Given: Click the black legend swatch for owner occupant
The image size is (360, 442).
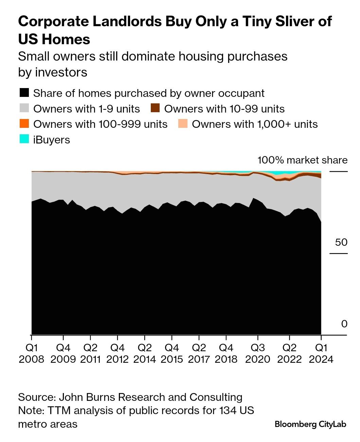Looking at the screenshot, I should (x=24, y=93).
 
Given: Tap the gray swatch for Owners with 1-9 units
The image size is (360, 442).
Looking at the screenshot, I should (x=24, y=108).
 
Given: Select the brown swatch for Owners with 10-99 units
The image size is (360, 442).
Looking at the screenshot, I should (x=155, y=108).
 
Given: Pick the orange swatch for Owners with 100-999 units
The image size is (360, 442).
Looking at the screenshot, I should (x=24, y=124).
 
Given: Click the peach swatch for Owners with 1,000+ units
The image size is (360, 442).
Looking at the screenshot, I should (x=183, y=124).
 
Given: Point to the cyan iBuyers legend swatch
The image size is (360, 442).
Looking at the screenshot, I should (x=24, y=139).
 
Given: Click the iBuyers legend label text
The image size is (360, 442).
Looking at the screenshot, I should (x=52, y=140).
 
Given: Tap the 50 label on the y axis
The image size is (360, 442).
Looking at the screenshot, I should (x=341, y=242).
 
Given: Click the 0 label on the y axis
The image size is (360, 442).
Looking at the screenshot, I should (x=344, y=324).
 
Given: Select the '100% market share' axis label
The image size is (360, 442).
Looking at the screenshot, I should (x=302, y=160).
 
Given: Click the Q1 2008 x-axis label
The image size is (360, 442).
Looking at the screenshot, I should (x=32, y=354).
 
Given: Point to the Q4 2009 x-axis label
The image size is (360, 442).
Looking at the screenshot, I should (x=63, y=354).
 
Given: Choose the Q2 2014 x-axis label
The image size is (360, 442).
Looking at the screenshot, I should (x=145, y=354).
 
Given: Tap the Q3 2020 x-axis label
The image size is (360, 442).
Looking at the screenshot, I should (x=257, y=354).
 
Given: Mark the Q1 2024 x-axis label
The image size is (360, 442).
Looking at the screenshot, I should (x=321, y=354).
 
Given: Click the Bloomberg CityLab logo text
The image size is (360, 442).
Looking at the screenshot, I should (x=310, y=424).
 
